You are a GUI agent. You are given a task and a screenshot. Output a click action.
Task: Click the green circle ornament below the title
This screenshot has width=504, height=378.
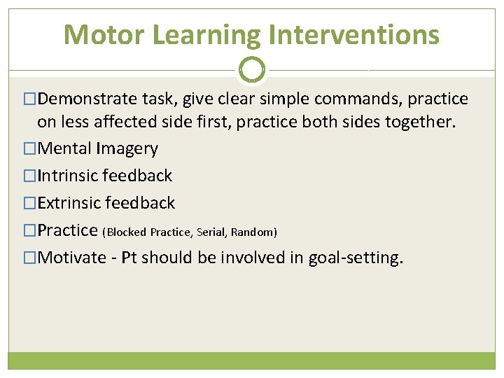point(252,70)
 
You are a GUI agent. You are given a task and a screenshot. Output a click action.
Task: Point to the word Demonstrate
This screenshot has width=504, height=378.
point(85,99)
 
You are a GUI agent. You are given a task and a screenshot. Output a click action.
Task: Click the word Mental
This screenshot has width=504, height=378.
point(64,148)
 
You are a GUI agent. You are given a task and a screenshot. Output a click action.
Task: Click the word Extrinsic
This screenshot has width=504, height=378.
point(69,203)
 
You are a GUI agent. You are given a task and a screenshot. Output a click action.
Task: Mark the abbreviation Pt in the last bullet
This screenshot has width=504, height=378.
point(130,258)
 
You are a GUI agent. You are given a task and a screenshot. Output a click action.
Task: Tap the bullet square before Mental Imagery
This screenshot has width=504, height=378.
point(29,149)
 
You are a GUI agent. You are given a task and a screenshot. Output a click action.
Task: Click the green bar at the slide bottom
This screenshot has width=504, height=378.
point(252,360)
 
